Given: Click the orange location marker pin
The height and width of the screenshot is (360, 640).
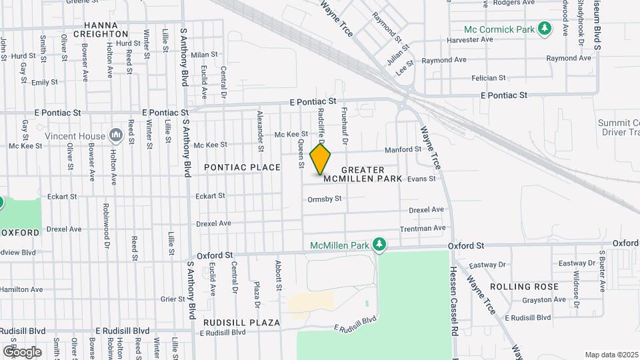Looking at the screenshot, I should coord(321,159).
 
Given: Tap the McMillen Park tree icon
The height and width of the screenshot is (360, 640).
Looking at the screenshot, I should coord(379,245).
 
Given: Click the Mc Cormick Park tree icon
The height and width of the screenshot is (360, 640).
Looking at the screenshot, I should coord(546,29).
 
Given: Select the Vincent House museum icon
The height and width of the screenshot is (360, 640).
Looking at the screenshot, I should coord(117,136).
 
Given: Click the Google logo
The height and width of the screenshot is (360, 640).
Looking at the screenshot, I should coord(22,351).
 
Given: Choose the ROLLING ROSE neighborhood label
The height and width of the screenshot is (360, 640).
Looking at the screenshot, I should coord(523,287).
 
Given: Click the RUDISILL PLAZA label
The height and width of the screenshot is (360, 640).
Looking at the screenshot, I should coord(241,323).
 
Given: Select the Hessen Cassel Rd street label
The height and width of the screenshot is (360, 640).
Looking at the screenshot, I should coord(453,302).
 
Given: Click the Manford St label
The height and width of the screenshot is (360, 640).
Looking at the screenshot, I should coord(403,149).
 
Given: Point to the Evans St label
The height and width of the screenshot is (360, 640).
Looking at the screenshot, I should coord(421,179).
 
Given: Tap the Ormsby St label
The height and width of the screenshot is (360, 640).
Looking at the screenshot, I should coord(324,199).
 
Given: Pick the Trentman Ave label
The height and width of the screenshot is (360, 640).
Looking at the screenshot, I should coord(423,228).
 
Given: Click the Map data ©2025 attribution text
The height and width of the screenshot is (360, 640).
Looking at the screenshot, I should coord(611,354).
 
